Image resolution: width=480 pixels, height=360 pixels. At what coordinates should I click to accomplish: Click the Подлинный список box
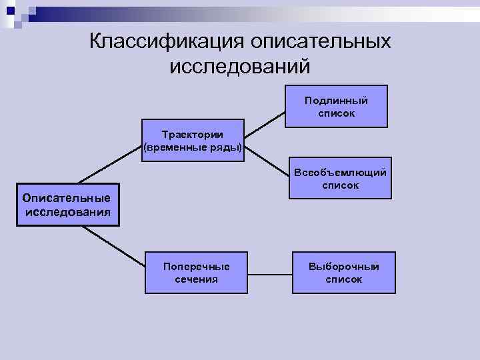click(336, 106)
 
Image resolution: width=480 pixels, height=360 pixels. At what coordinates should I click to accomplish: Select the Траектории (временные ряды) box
click(193, 140)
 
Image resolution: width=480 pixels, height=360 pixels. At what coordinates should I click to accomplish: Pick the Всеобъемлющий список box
click(340, 178)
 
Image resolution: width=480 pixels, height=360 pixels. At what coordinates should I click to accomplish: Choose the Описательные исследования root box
click(67, 205)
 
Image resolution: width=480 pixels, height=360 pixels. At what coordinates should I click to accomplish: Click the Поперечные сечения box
click(196, 272)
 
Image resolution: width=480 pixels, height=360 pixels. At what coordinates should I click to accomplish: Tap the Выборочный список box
click(343, 272)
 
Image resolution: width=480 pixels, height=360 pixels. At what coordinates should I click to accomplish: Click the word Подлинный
click(336, 100)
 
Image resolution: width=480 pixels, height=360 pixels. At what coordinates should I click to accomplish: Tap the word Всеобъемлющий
click(340, 172)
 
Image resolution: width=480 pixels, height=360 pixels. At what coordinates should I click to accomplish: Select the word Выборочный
click(343, 266)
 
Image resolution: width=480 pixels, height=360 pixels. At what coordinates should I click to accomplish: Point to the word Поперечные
click(196, 266)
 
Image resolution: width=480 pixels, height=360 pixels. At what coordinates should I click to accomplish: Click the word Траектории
click(193, 134)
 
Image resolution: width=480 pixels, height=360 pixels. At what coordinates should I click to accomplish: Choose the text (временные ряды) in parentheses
click(193, 147)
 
